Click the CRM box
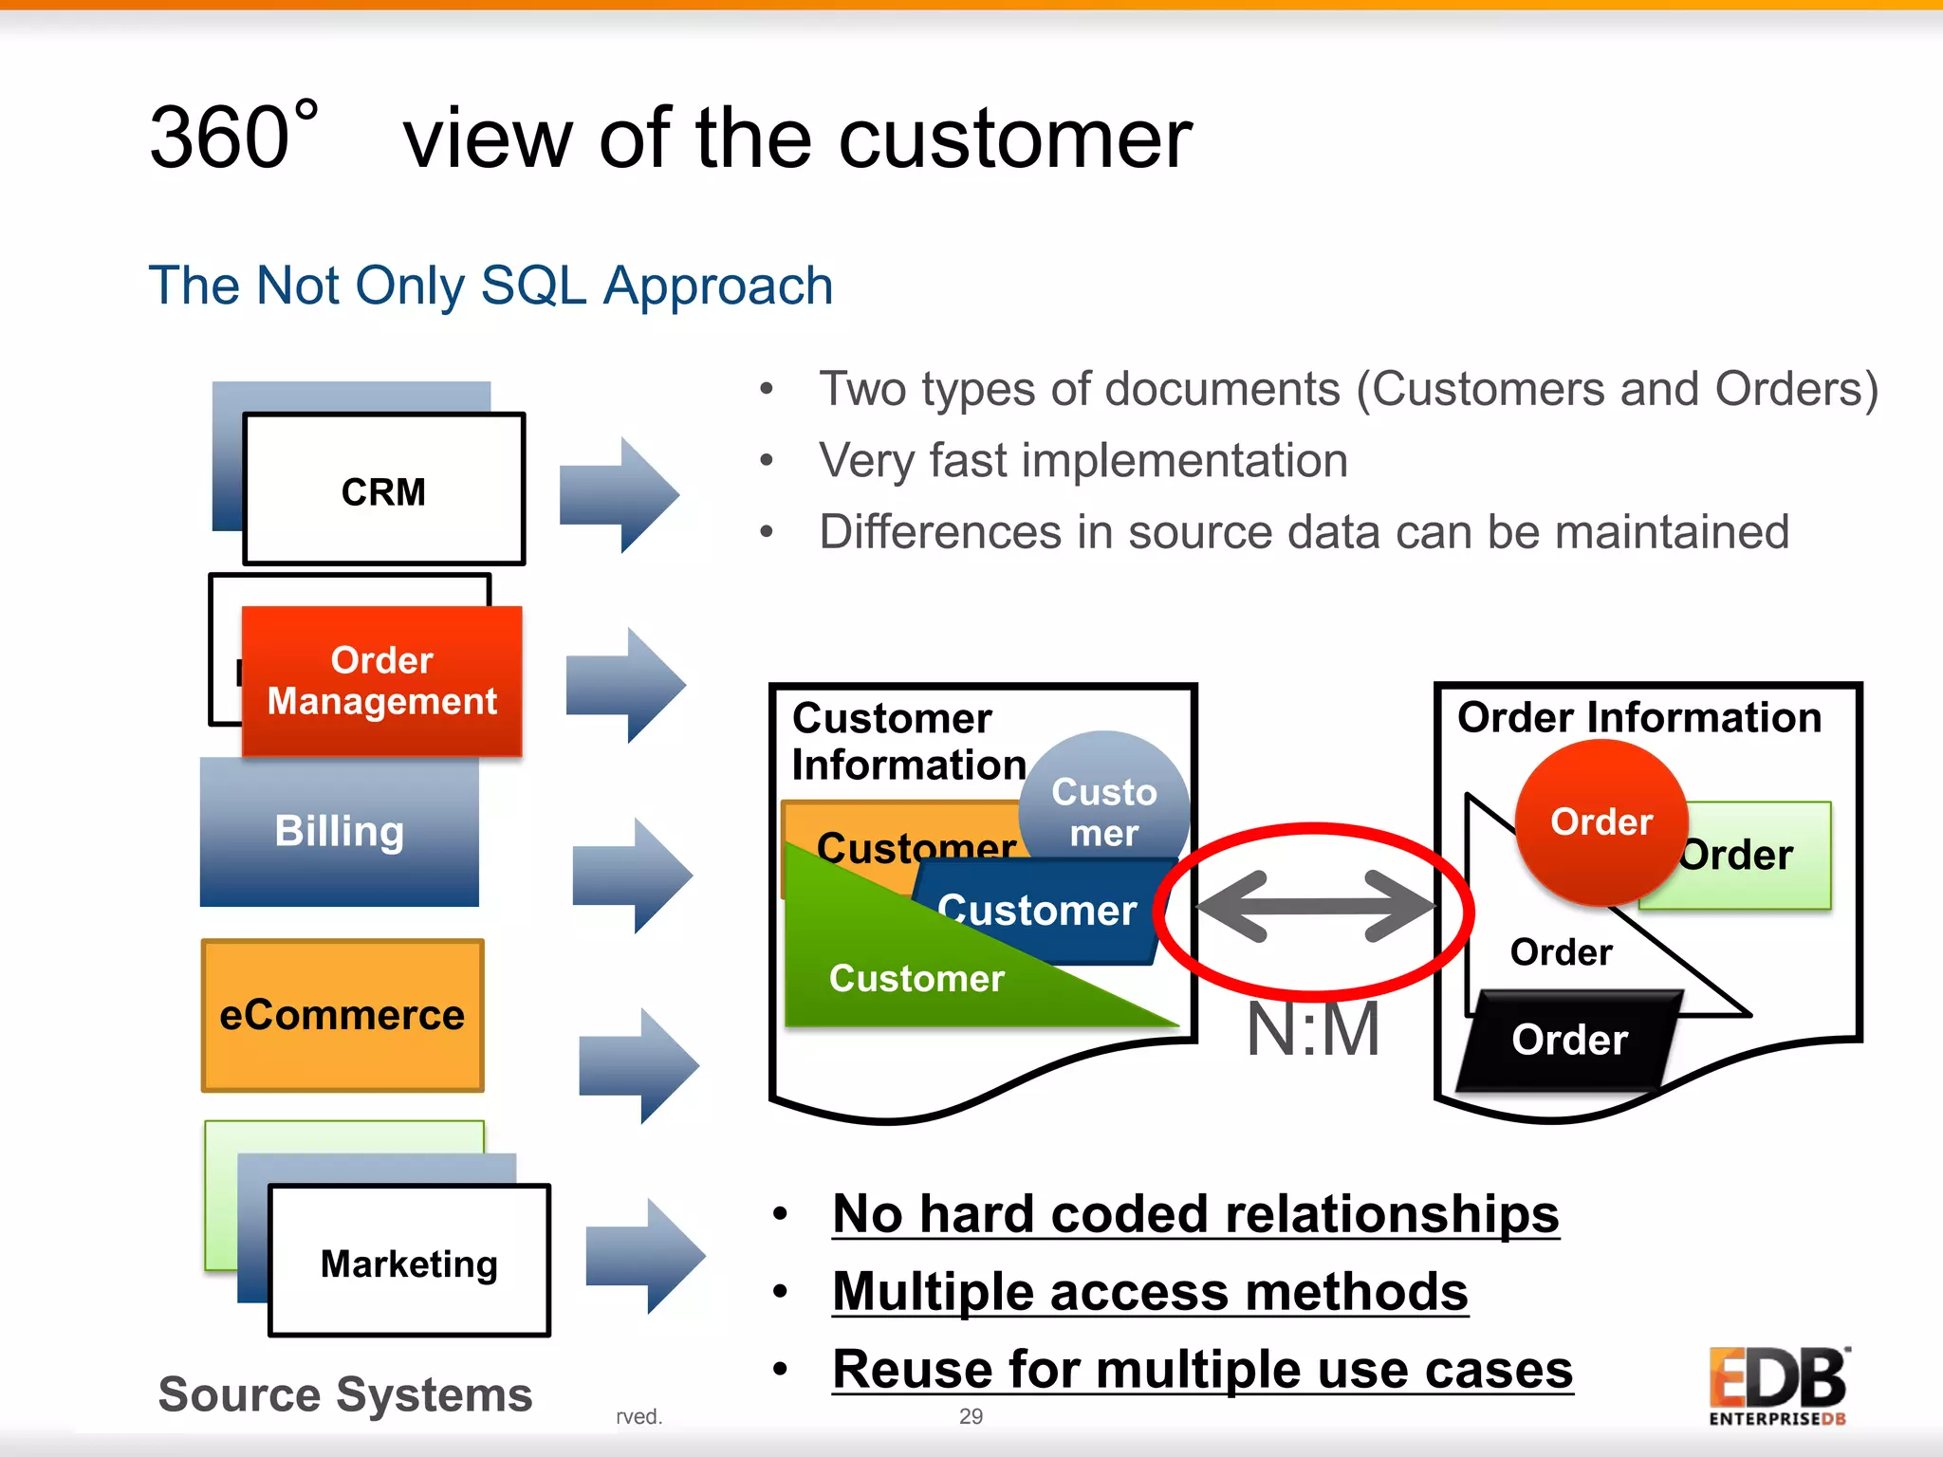pyautogui.click(x=383, y=489)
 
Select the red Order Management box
pyautogui.click(x=381, y=680)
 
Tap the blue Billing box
pyautogui.click(x=339, y=831)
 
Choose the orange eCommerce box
pyautogui.click(x=342, y=1015)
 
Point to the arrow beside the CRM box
pyautogui.click(x=619, y=495)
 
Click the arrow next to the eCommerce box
pyautogui.click(x=638, y=1065)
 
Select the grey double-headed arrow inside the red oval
pyautogui.click(x=1315, y=907)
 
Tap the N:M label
pyautogui.click(x=1313, y=1030)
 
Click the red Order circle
pyautogui.click(x=1601, y=821)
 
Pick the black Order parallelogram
pyautogui.click(x=1568, y=1041)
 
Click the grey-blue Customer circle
pyautogui.click(x=1104, y=797)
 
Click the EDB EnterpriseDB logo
pyautogui.click(x=1777, y=1386)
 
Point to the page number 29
pyautogui.click(x=971, y=1416)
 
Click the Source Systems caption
pyautogui.click(x=345, y=1394)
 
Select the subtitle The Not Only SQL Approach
pyautogui.click(x=490, y=286)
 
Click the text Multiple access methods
pyautogui.click(x=1149, y=1292)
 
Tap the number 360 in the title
pyautogui.click(x=220, y=138)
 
